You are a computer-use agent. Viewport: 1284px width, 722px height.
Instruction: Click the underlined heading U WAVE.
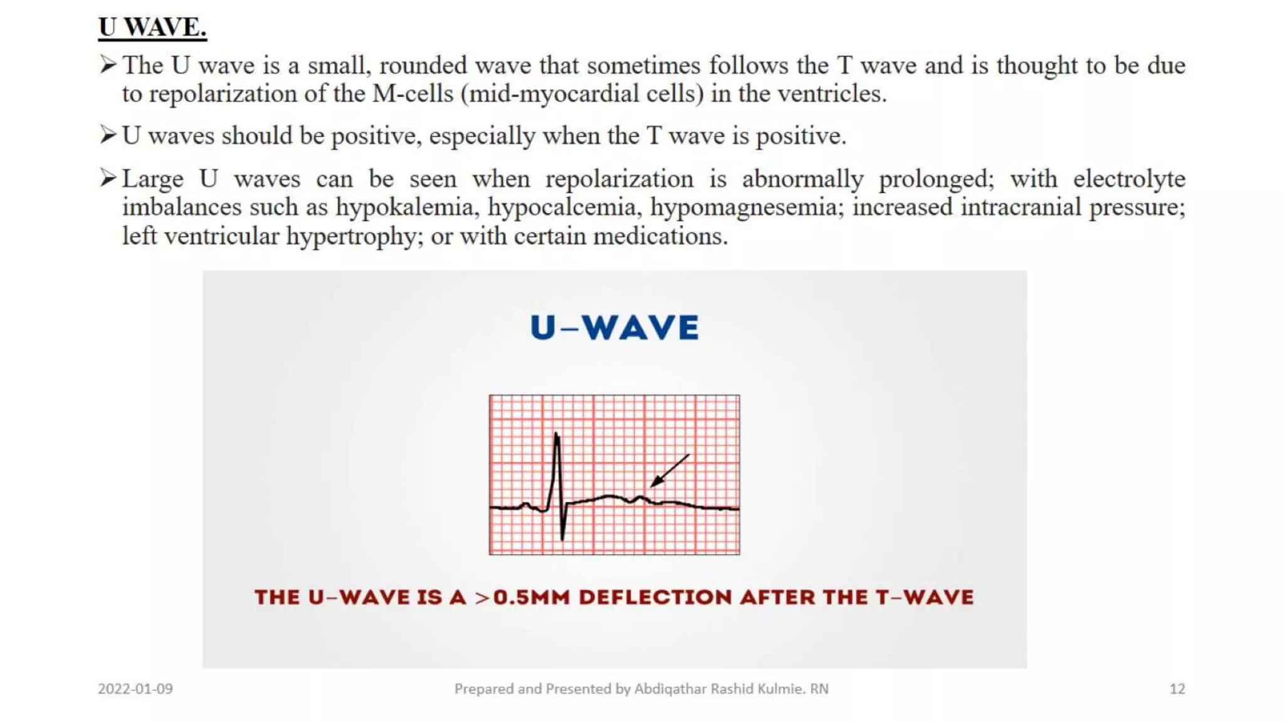click(152, 28)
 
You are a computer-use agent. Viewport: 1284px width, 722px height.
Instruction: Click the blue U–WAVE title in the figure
click(614, 328)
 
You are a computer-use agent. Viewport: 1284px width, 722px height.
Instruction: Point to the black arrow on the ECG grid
click(669, 471)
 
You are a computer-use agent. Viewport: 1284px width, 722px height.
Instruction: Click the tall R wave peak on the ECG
click(557, 434)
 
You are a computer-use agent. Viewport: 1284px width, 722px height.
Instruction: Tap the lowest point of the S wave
click(562, 538)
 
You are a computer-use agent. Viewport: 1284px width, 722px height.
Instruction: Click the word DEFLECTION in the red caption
click(655, 597)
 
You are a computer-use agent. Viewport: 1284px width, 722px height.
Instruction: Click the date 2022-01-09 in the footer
click(135, 689)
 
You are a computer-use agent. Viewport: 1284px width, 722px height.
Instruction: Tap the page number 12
click(1177, 689)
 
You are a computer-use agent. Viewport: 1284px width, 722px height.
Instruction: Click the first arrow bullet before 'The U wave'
click(108, 65)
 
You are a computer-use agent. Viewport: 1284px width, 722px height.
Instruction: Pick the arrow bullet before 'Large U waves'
click(108, 179)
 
